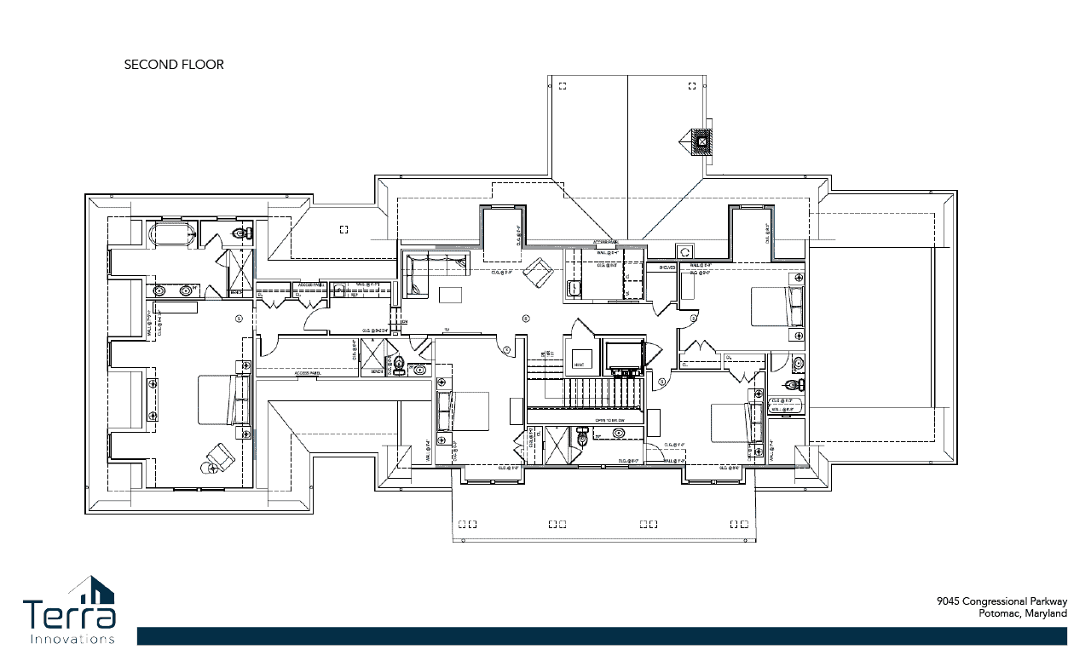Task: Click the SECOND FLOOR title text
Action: (x=174, y=65)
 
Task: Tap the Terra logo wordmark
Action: (x=70, y=615)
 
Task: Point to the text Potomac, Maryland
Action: (x=1022, y=613)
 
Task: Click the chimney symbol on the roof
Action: (x=701, y=142)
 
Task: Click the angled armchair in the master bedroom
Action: (x=220, y=458)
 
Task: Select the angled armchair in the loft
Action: (x=538, y=273)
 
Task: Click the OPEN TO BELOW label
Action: (x=609, y=421)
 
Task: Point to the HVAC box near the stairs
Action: (x=582, y=360)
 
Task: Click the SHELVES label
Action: (x=667, y=267)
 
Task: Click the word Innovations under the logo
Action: (x=72, y=639)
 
